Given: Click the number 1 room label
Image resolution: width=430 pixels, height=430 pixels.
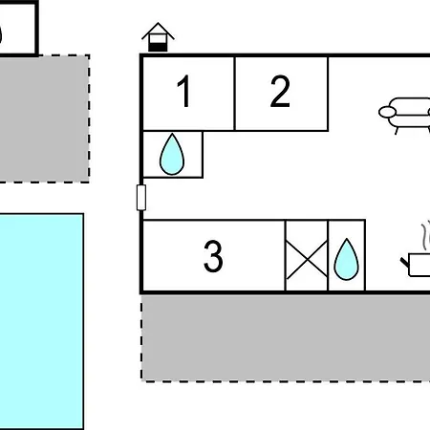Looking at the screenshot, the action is (x=184, y=91).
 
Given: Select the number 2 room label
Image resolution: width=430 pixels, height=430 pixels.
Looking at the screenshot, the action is (x=280, y=91).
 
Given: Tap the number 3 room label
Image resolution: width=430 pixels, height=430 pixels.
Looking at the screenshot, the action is (x=213, y=256).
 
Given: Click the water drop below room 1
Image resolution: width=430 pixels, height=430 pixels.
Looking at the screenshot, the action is (x=172, y=154).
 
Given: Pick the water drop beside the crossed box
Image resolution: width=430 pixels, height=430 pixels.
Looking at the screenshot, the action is (x=347, y=259).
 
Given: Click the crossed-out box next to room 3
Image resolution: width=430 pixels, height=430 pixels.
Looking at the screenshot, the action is (x=307, y=255).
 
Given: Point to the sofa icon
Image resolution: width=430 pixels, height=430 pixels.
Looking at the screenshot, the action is (x=404, y=116).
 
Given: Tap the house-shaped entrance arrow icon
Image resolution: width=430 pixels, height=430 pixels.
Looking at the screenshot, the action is (x=158, y=37).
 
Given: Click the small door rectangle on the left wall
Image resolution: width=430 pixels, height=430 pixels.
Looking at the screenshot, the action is (x=141, y=198).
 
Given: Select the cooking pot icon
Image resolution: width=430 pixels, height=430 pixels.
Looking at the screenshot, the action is (x=416, y=265).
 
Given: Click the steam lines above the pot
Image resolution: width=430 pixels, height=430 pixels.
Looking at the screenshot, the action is (x=426, y=236).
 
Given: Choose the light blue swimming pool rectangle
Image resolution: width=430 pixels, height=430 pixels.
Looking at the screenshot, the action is (x=41, y=322).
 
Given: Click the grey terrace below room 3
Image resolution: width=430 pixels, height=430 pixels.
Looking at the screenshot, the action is (x=286, y=337).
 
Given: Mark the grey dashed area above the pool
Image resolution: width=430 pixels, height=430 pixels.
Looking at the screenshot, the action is (x=44, y=118).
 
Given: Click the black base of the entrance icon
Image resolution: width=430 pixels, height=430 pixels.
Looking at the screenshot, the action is (x=158, y=47).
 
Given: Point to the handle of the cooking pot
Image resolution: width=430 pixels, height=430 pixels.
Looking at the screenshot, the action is (x=404, y=263).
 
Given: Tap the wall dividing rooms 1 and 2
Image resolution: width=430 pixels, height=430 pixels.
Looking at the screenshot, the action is (x=234, y=94).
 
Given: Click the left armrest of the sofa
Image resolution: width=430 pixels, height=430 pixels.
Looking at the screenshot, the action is (x=387, y=112).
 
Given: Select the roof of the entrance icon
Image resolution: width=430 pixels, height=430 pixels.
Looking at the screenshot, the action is (x=158, y=31).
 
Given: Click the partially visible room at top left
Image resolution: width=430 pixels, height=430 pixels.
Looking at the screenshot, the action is (x=18, y=29).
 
